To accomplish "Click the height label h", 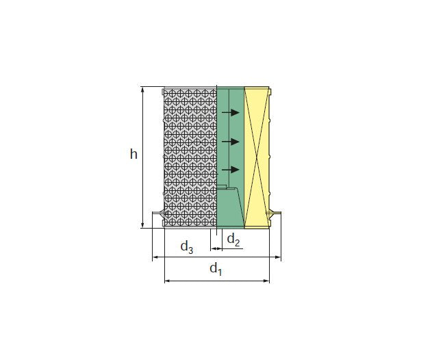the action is [133, 154].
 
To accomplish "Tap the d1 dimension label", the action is [216, 269].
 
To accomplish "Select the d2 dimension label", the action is [233, 240].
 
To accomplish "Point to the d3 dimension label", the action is [187, 247].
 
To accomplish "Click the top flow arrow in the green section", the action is [231, 113].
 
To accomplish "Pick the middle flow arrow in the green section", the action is [231, 142].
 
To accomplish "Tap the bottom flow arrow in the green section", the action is [231, 170].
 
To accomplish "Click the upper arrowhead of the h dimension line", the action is [142, 90].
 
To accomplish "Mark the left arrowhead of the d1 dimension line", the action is [168, 281].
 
